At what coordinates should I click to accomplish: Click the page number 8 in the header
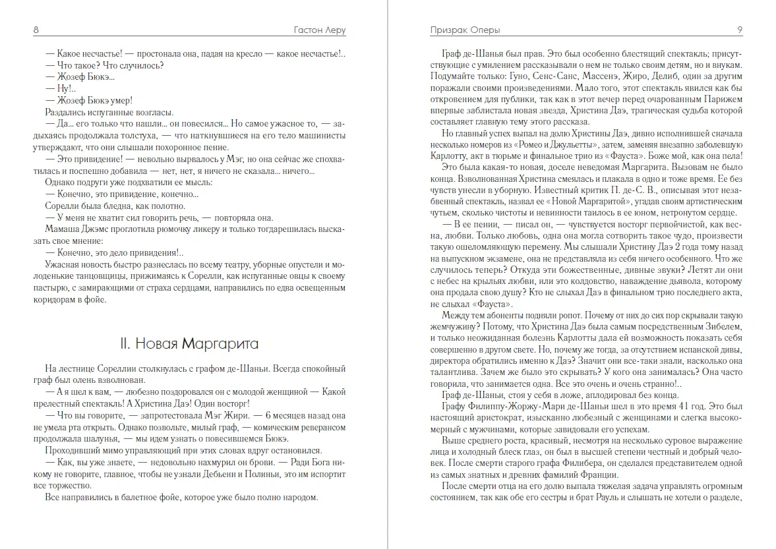pyautogui.click(x=36, y=30)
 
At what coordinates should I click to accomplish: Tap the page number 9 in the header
pyautogui.click(x=740, y=30)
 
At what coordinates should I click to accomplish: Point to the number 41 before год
pyautogui.click(x=665, y=406)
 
